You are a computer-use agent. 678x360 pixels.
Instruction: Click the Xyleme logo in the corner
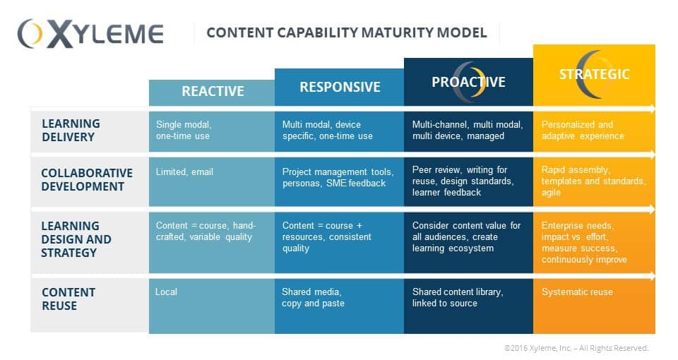[x=90, y=33]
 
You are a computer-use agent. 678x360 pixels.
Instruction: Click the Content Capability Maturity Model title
[x=346, y=32]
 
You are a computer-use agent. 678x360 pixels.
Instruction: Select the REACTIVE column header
[x=213, y=91]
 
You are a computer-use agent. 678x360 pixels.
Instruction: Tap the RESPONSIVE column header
[x=340, y=87]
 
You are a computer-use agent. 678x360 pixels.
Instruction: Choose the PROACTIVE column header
[x=468, y=82]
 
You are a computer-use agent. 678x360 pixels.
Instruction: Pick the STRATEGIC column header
[x=594, y=74]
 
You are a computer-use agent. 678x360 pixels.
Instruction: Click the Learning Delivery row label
[x=71, y=131]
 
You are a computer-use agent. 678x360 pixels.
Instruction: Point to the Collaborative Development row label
[x=87, y=179]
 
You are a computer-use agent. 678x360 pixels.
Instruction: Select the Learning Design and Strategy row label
[x=76, y=239]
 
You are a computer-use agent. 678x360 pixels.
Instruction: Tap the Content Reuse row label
[x=69, y=299]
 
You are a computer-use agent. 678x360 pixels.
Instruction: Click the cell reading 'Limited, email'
[x=184, y=172]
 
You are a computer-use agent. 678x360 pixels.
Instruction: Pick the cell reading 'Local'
[x=167, y=292]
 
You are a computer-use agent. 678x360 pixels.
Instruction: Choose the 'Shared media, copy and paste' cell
[x=313, y=297]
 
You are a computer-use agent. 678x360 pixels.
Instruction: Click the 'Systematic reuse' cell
[x=577, y=292]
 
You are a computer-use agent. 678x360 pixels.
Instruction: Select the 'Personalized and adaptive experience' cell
[x=583, y=130]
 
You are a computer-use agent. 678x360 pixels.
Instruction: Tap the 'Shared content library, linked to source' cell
[x=457, y=297]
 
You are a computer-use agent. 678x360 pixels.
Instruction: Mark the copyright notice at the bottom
[x=576, y=348]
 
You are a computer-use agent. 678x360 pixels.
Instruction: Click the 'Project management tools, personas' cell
[x=334, y=177]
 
